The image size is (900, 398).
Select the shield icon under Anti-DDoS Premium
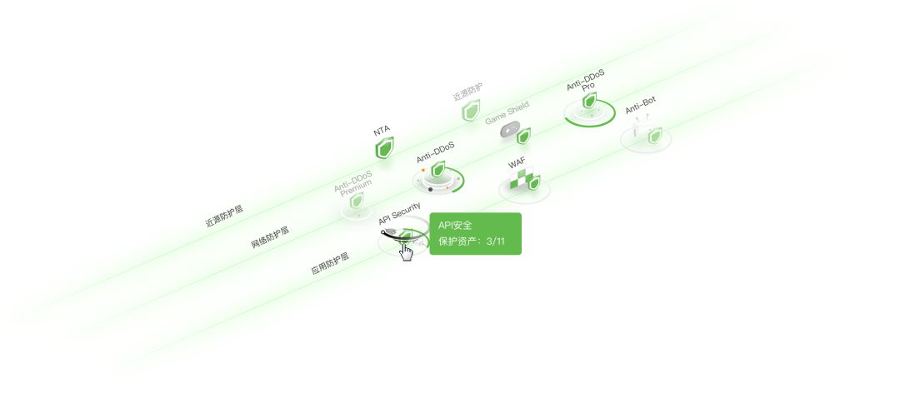(356, 204)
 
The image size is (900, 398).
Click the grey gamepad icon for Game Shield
(509, 131)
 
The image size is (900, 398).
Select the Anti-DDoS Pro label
(586, 82)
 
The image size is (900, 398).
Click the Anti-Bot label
(640, 104)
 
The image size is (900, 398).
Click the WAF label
(516, 164)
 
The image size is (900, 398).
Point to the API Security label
(400, 214)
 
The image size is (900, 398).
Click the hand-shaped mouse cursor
(406, 251)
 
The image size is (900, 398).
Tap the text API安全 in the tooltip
(455, 226)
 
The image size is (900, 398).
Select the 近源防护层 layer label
(224, 218)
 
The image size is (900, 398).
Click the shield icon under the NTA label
(384, 148)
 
